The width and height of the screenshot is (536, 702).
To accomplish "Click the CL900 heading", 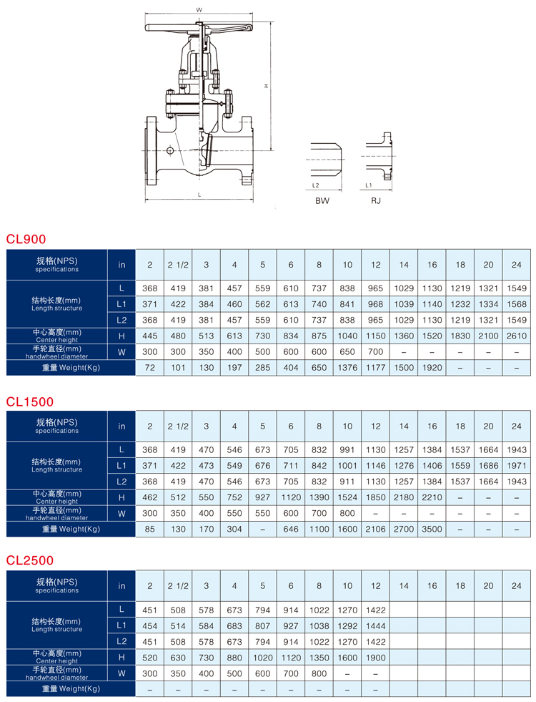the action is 26,239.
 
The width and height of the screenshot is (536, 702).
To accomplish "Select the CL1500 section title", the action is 30,401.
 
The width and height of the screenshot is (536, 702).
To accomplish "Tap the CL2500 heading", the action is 30,560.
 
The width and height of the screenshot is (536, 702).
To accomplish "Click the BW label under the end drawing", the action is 322,200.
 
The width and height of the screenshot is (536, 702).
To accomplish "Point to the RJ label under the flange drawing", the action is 375,200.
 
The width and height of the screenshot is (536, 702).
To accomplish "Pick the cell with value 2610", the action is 516,336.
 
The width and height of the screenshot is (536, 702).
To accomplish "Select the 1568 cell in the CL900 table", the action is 516,304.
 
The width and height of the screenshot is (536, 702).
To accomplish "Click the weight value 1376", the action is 347,368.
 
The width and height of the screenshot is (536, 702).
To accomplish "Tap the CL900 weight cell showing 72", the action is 150,368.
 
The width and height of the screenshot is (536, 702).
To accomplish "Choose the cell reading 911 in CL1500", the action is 347,482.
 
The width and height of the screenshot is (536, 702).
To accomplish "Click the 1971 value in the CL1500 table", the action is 516,466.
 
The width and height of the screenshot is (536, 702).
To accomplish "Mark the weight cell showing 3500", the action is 432,529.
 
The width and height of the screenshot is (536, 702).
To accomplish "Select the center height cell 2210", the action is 432,497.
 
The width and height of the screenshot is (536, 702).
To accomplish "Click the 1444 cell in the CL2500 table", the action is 375,625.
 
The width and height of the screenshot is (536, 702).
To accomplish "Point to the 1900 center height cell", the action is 375,658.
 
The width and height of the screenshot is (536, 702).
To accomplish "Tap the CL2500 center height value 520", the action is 150,658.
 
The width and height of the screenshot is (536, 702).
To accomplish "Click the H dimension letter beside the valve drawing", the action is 267,85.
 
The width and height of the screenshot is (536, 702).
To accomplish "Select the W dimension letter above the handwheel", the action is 199,10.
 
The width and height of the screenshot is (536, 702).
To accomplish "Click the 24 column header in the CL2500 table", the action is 516,585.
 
